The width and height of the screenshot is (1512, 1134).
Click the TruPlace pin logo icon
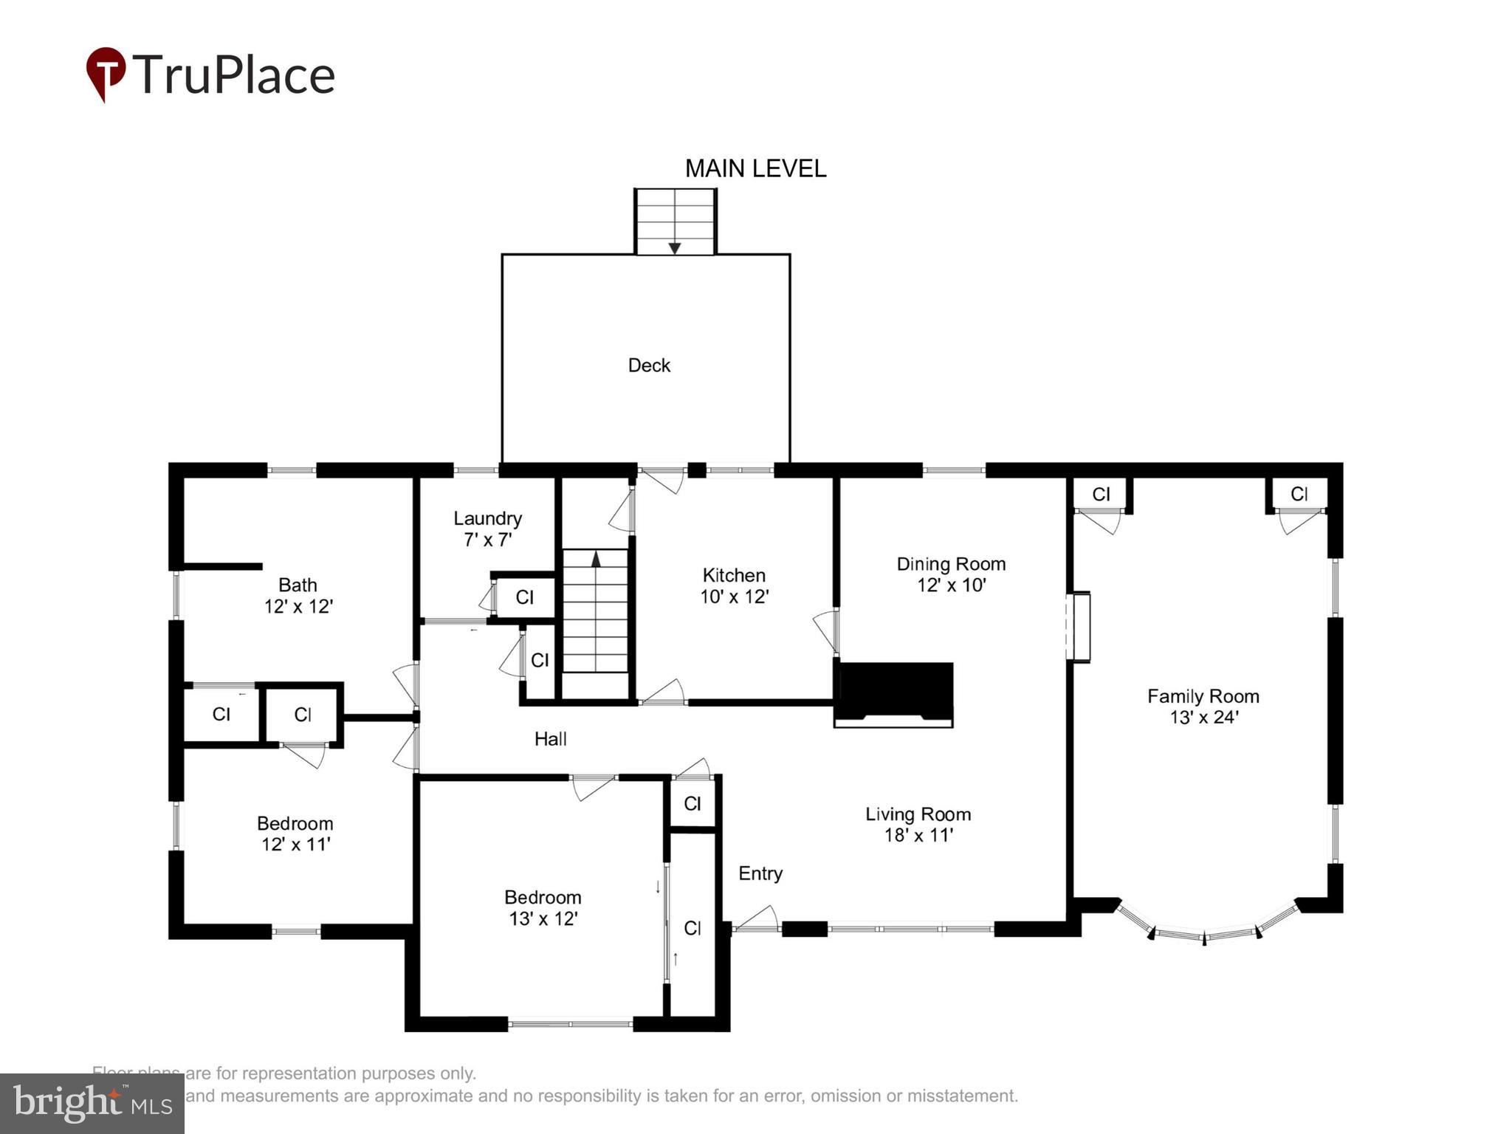(106, 73)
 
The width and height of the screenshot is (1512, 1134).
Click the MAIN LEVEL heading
(755, 169)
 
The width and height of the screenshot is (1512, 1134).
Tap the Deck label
(649, 365)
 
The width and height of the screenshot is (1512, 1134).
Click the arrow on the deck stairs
(674, 248)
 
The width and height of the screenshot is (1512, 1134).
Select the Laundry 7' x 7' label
(487, 529)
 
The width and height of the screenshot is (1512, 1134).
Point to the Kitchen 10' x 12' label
(734, 585)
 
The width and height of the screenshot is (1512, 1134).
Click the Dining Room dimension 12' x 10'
(952, 585)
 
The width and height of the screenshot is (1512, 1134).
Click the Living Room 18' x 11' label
(918, 824)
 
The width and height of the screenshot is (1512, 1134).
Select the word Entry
(760, 873)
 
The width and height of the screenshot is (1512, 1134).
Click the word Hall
(550, 739)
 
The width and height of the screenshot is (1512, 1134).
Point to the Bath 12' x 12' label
(298, 595)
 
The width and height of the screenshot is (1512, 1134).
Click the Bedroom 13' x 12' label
(543, 907)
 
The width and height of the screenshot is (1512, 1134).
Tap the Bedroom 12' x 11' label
(295, 834)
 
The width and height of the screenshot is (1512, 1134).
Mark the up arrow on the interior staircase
(596, 559)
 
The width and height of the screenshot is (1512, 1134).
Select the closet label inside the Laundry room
(524, 597)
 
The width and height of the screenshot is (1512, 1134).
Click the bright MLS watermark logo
(92, 1103)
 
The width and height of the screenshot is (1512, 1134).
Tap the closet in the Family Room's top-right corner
(1299, 494)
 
